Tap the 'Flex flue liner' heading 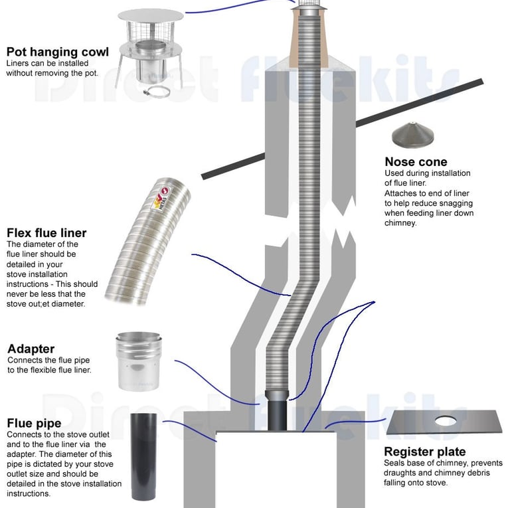point(46,233)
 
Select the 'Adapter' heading point(31,349)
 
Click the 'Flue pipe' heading point(34,423)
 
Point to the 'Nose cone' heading point(416,162)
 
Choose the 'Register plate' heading point(425,452)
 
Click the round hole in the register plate point(445,420)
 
